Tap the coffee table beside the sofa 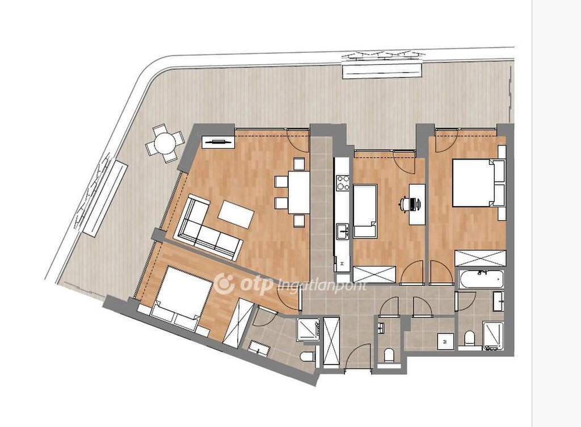236,214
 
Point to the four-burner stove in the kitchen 343,182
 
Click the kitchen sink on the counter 343,231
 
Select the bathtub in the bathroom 481,279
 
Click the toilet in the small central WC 389,355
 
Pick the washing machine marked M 445,341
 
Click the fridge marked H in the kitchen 342,263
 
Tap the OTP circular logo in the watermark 225,283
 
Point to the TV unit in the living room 218,141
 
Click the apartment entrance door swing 357,356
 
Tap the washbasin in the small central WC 381,328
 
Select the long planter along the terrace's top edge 382,70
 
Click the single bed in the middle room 365,211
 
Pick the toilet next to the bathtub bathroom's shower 470,337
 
